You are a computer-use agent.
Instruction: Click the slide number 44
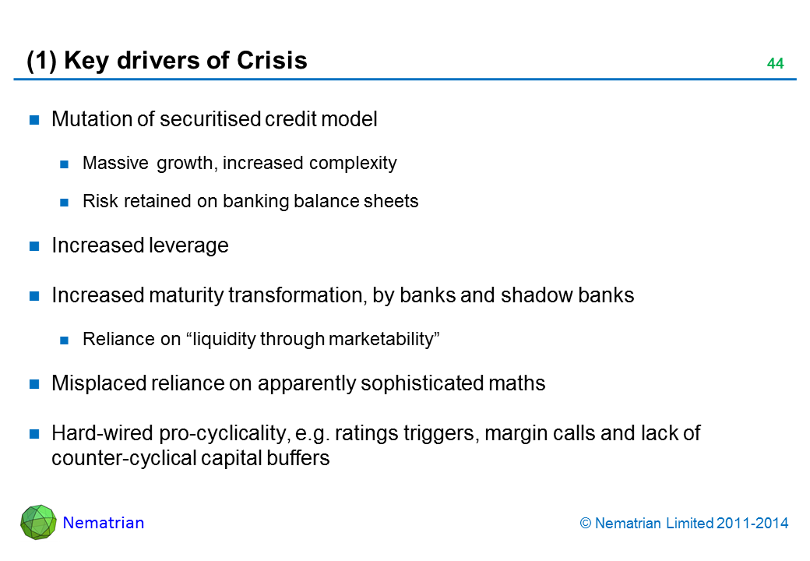[x=774, y=64]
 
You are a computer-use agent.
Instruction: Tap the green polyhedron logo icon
[x=38, y=522]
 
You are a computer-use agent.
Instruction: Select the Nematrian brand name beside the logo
[x=104, y=523]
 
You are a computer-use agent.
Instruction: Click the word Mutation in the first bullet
[x=84, y=119]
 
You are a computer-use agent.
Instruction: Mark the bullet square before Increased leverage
[x=34, y=246]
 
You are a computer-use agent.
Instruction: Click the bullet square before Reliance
[x=66, y=340]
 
